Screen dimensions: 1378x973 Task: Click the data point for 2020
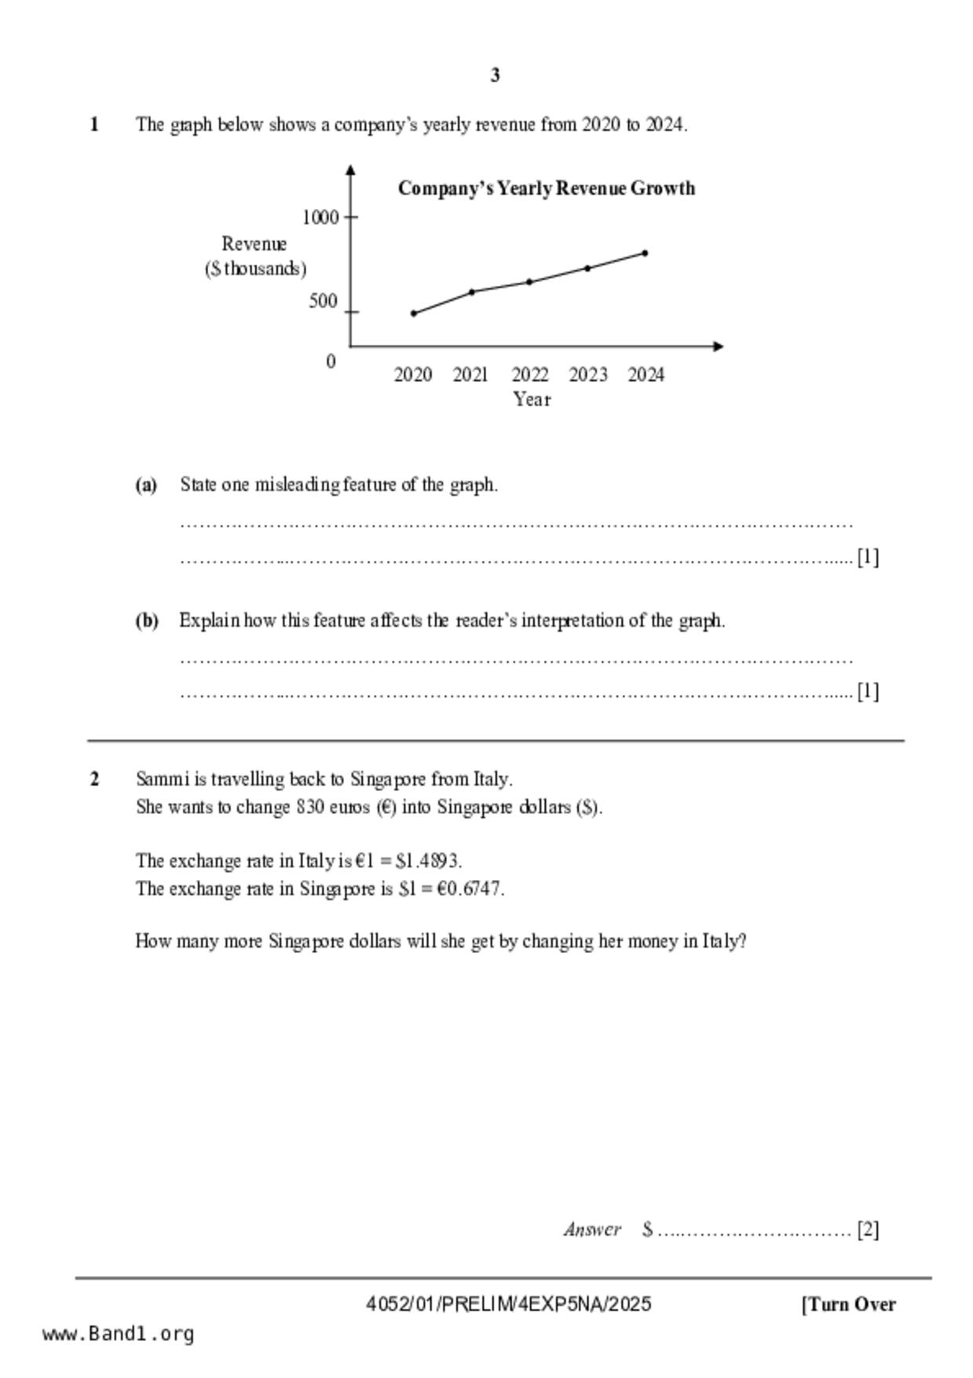tap(414, 313)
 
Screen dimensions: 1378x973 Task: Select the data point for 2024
tap(645, 253)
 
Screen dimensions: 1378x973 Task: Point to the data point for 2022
tap(529, 281)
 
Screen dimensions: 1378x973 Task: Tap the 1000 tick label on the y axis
tap(320, 218)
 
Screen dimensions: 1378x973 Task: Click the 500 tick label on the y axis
tap(323, 302)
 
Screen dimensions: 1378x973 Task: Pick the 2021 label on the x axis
tap(470, 376)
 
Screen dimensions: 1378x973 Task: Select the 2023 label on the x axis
tap(587, 376)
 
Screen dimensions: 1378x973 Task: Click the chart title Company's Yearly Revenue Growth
tap(546, 189)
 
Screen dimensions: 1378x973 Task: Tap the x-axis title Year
tap(532, 400)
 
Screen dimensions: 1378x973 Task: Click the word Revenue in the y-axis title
tap(254, 244)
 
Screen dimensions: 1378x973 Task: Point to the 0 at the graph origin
tap(331, 362)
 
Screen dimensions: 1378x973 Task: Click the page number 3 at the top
tap(495, 75)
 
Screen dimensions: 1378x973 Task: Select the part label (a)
tap(146, 485)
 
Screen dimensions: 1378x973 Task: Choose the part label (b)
tap(147, 621)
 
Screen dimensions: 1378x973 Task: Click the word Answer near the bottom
tap(592, 1230)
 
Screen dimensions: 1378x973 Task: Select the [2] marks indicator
tap(868, 1230)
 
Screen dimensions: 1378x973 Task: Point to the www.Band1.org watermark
tap(118, 1334)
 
